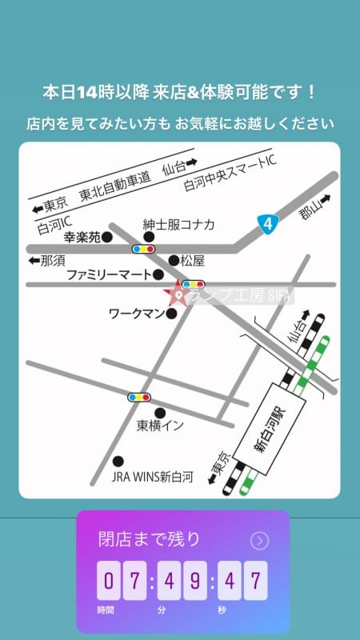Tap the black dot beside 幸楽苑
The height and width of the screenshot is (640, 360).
click(x=106, y=237)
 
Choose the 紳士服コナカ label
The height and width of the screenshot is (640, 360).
click(x=178, y=225)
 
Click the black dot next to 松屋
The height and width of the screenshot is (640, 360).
click(x=174, y=261)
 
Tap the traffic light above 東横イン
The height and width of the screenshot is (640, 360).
click(x=139, y=397)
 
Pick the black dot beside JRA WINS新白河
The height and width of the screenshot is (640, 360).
click(x=119, y=461)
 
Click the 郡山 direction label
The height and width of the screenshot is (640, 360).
click(x=307, y=210)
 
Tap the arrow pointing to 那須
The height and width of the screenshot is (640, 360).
click(x=33, y=261)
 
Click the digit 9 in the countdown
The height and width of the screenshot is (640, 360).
click(x=195, y=580)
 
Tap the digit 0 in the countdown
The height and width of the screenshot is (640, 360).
click(x=109, y=580)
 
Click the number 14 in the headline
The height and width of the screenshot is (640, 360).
click(x=86, y=93)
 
